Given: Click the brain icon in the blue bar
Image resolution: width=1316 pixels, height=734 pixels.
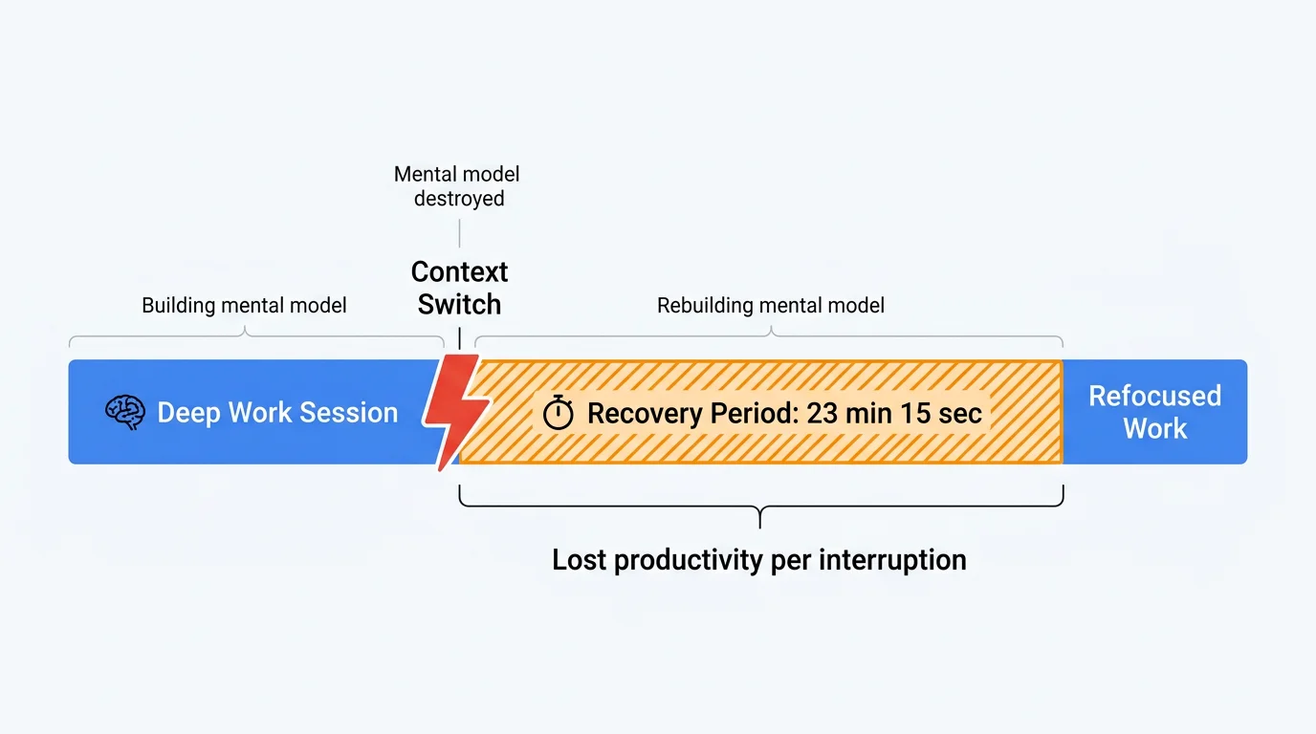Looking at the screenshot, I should pyautogui.click(x=124, y=413).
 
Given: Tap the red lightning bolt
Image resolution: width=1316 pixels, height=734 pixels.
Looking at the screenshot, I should pyautogui.click(x=456, y=410).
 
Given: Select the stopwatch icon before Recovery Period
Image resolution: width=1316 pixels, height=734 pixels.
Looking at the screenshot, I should pyautogui.click(x=558, y=413).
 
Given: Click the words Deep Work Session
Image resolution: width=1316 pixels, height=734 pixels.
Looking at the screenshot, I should pyautogui.click(x=277, y=413).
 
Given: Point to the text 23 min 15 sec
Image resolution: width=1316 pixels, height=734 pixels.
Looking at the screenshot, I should pyautogui.click(x=894, y=413).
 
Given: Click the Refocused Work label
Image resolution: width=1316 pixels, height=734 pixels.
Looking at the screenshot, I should pyautogui.click(x=1154, y=412).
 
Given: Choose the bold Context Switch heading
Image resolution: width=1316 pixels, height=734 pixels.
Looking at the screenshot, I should pyautogui.click(x=459, y=288).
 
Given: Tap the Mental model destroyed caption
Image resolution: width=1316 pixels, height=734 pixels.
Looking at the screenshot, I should pyautogui.click(x=459, y=186).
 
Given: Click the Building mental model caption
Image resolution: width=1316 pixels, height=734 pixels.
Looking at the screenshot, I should pyautogui.click(x=244, y=306).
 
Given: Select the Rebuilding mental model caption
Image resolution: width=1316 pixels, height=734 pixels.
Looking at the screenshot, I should pyautogui.click(x=770, y=306).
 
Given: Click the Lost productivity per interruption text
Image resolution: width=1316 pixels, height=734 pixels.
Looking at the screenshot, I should pyautogui.click(x=759, y=560).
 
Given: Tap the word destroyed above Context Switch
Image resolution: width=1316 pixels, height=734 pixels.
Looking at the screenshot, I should pyautogui.click(x=459, y=199).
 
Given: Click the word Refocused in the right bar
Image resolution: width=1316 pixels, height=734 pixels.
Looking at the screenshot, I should pyautogui.click(x=1154, y=396).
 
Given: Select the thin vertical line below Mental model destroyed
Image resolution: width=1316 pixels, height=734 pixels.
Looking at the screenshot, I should pyautogui.click(x=460, y=232).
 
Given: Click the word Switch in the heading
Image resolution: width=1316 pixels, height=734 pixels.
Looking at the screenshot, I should pyautogui.click(x=459, y=305).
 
